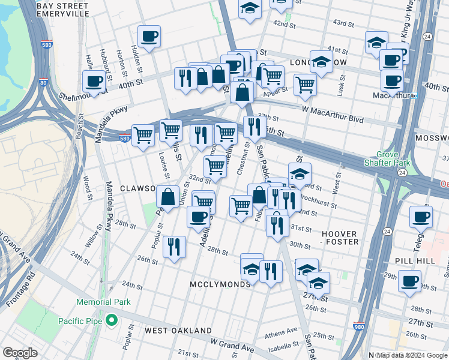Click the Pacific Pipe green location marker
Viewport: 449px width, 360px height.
[111, 321]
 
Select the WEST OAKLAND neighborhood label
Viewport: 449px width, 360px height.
[178, 331]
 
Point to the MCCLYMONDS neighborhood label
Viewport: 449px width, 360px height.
[220, 284]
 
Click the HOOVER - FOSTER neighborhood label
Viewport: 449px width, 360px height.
[332, 238]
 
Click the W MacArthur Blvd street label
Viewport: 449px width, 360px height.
[333, 119]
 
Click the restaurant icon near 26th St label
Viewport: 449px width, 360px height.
[174, 246]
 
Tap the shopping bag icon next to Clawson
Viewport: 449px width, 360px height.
[168, 196]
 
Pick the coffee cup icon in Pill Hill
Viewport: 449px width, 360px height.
[410, 280]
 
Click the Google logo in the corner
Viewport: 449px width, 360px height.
[20, 353]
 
